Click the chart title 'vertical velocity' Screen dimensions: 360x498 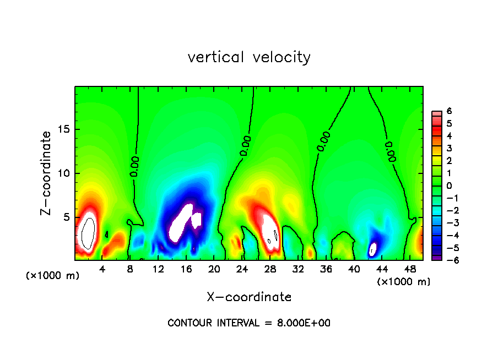tap(249, 57)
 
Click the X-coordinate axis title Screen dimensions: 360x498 tap(249, 297)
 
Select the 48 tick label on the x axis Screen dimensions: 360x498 tap(409, 269)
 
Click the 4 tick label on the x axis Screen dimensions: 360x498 tap(102, 269)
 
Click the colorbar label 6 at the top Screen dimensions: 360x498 tap(449, 111)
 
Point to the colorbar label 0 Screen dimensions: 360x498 tap(449, 186)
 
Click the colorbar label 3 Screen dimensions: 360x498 tap(449, 148)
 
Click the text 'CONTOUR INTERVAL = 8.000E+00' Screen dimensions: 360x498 tap(249, 323)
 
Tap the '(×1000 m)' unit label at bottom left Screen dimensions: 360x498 tap(52, 275)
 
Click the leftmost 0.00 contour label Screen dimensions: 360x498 tap(135, 166)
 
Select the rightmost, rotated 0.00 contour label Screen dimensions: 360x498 tap(389, 151)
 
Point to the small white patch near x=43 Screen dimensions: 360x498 tap(373, 249)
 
